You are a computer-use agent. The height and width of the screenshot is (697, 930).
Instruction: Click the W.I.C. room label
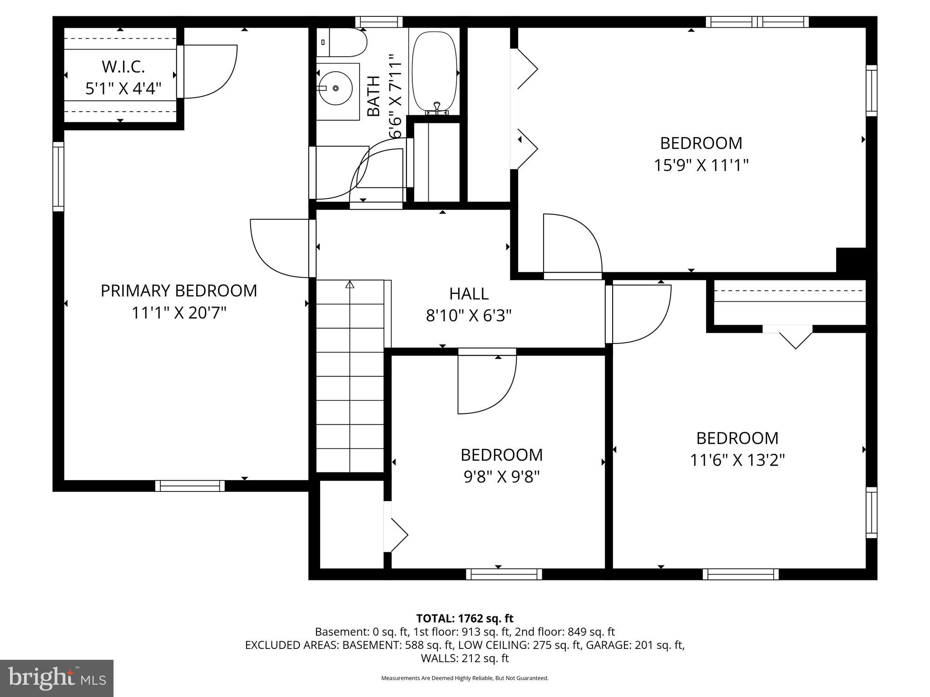pos(123,67)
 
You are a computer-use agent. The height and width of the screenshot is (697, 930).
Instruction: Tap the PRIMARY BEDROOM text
pos(178,291)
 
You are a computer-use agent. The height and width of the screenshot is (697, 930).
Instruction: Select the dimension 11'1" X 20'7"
pos(178,313)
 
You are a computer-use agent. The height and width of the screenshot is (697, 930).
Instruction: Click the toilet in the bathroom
pos(341,42)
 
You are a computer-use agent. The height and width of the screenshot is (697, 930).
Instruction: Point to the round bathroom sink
pos(336,88)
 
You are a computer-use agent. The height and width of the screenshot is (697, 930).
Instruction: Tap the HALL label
pos(469,294)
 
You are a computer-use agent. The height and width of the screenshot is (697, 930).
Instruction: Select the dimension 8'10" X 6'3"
pos(469,316)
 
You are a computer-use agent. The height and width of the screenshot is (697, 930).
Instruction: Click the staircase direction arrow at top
pos(349,285)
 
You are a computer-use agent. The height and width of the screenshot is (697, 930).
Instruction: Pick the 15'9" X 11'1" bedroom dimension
pos(701,166)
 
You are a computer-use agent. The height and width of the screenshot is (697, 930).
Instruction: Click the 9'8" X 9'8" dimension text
pos(501,477)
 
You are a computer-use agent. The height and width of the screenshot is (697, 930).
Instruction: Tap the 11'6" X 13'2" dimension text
pos(737,461)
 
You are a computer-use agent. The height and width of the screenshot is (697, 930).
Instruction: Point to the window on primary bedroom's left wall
pos(58,177)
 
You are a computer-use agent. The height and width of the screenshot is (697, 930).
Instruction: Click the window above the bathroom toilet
pos(379,22)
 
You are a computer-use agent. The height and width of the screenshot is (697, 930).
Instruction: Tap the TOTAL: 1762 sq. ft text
pos(465,618)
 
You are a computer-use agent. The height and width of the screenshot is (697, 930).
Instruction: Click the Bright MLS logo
pos(57,678)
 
